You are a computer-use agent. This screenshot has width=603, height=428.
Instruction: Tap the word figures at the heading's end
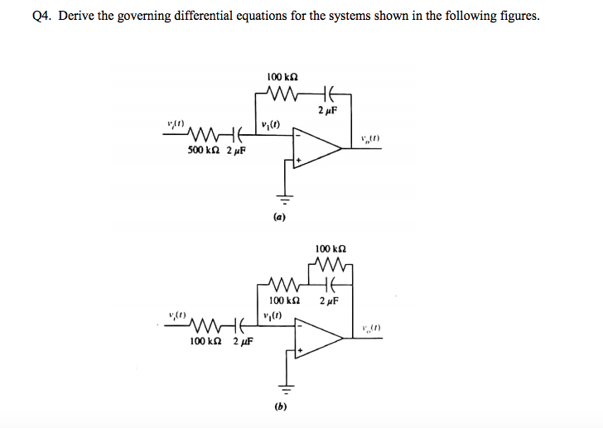pos(519,16)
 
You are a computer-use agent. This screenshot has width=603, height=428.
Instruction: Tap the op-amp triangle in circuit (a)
pos(319,148)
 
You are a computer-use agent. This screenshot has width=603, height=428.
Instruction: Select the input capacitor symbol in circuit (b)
pos(241,324)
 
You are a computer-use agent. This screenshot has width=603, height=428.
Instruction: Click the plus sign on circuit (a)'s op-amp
pos(300,159)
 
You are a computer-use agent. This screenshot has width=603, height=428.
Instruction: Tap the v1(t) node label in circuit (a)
pos(269,125)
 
